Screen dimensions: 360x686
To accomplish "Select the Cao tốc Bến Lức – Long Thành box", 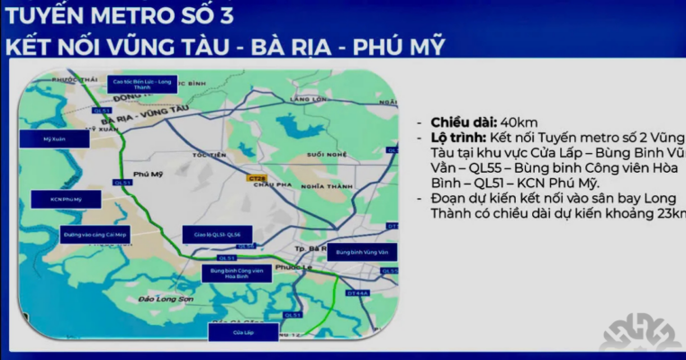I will [140, 83].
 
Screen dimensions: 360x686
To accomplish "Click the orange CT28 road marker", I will [256, 178].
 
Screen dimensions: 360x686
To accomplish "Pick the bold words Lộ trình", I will [458, 138].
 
